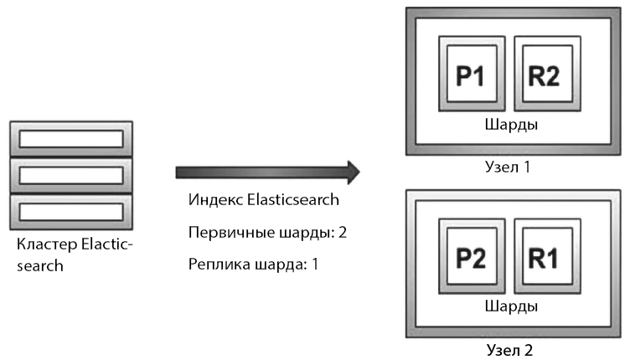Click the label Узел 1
click(x=507, y=167)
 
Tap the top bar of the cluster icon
click(x=70, y=138)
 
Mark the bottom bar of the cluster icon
click(x=70, y=209)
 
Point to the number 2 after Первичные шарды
click(x=342, y=233)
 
